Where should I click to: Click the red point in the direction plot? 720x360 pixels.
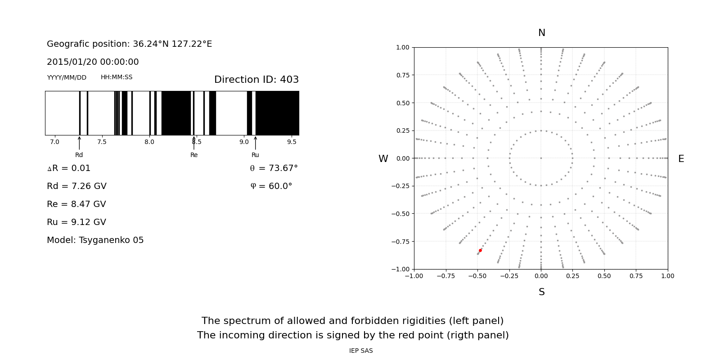480,250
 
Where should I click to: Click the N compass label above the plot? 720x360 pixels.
541,33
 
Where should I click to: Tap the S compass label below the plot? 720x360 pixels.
541,292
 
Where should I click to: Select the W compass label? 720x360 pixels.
383,159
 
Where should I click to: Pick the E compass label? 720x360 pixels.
681,159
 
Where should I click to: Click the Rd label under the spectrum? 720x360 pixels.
79,155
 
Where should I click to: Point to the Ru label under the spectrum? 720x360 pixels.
255,155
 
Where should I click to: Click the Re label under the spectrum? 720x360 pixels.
194,155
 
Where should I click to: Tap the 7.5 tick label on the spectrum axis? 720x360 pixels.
102,142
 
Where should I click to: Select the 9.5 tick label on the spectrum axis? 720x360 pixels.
292,142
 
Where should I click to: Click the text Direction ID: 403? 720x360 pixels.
256,80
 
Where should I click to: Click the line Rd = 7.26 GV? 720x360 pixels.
76,186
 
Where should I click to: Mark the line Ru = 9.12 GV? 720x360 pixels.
76,222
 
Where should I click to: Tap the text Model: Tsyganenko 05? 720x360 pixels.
95,240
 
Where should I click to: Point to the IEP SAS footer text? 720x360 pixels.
361,351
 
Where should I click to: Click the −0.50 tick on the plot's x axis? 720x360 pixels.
477,276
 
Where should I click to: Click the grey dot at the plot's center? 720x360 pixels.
541,158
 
